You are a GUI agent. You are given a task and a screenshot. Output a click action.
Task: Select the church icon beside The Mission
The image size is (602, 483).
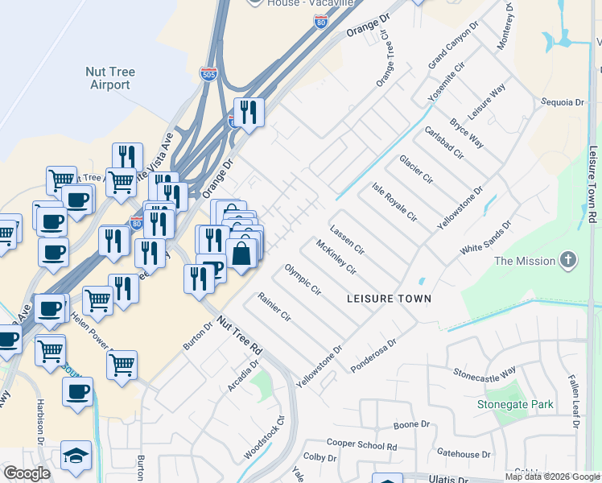pos(569,260)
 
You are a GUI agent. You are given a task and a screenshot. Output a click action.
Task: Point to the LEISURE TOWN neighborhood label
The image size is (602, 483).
pos(389,299)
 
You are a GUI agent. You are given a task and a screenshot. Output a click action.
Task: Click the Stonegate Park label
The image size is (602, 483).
pos(515,404)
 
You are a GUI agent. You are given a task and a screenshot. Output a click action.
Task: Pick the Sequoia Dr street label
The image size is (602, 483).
pos(563,102)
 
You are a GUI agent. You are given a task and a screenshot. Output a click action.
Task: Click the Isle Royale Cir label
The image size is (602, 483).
pos(394,202)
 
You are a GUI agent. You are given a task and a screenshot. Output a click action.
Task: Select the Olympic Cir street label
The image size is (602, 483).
pos(303,279)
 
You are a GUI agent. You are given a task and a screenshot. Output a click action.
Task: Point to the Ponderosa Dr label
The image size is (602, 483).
pos(374,355)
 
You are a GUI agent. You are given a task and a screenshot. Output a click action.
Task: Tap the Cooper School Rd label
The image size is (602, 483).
pos(361,444)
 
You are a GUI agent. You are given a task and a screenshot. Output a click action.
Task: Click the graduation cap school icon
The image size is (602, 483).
pos(76,455)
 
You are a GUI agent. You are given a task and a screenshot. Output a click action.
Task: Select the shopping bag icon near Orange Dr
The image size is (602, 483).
pos(241,254)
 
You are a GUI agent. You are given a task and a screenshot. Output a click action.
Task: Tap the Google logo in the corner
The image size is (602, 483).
pos(27,473)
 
